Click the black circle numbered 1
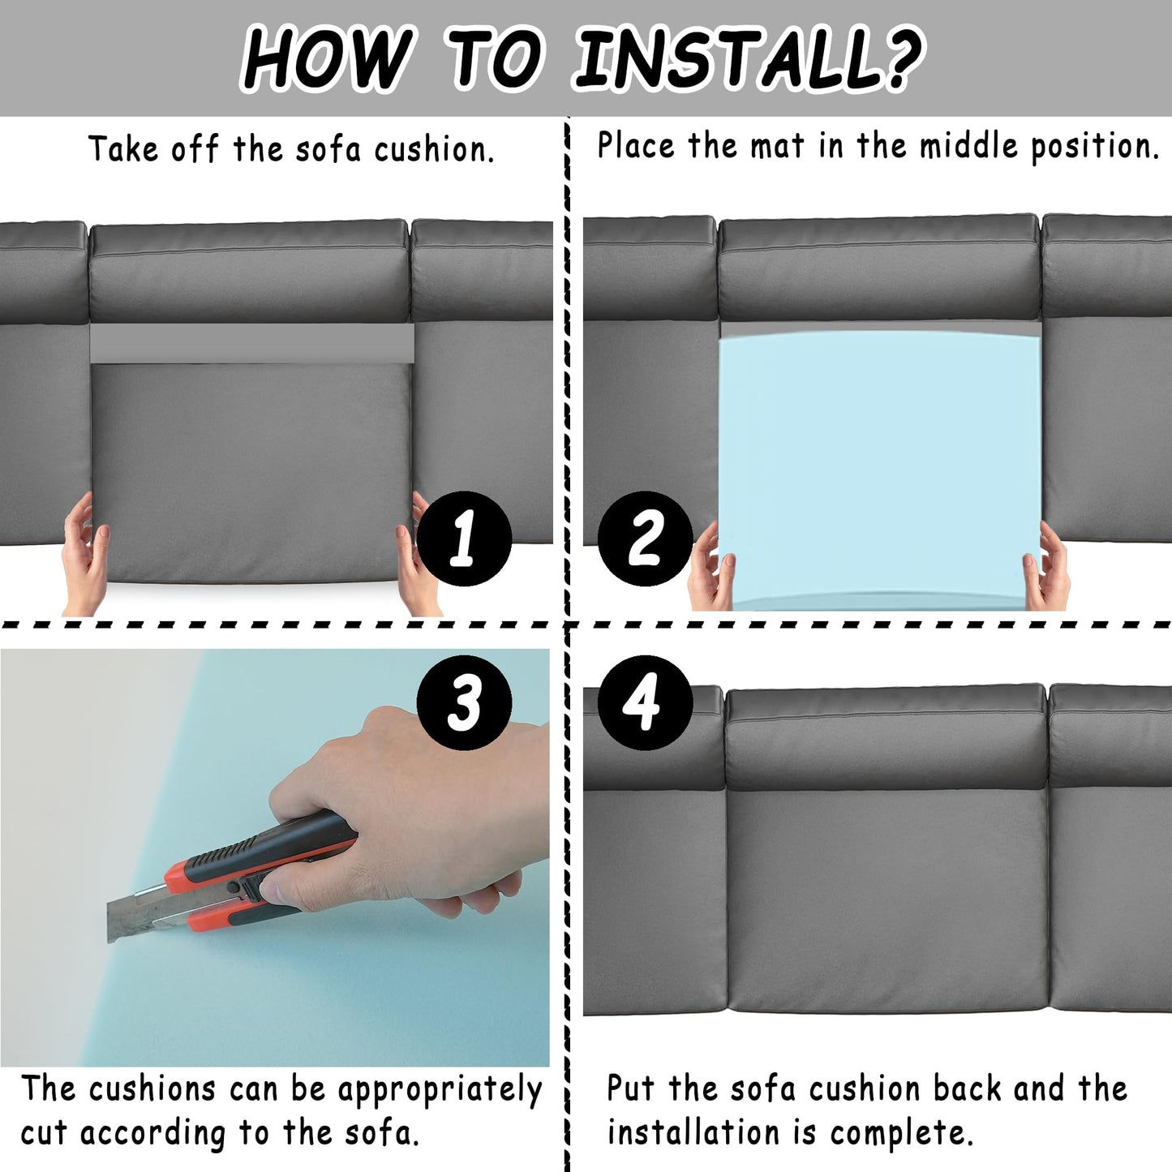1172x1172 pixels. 464,539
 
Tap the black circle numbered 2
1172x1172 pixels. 646,539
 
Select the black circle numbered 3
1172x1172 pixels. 464,703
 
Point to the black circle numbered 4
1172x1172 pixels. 646,703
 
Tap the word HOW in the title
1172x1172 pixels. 324,59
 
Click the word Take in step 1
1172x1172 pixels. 123,148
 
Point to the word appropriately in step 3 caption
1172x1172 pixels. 440,1091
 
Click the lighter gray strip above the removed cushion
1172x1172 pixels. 252,343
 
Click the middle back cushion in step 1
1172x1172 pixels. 249,272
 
